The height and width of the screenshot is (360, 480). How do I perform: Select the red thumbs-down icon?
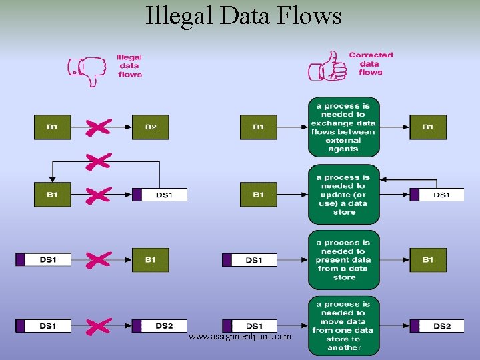pyautogui.click(x=87, y=69)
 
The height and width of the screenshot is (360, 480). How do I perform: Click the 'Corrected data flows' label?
pyautogui.click(x=371, y=63)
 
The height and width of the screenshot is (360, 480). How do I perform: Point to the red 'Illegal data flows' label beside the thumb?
pyautogui.click(x=129, y=66)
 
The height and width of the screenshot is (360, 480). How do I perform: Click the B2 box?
pyautogui.click(x=151, y=127)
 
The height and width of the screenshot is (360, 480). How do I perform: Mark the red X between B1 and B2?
pyautogui.click(x=98, y=127)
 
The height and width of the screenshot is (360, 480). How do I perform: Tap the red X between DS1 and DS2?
pyautogui.click(x=98, y=326)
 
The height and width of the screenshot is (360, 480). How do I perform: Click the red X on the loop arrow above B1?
pyautogui.click(x=98, y=161)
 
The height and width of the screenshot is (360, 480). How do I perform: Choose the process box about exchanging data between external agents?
pyautogui.click(x=343, y=127)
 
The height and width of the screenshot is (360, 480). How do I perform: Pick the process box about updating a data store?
pyautogui.click(x=343, y=195)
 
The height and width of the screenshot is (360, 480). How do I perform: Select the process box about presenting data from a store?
pyautogui.click(x=343, y=259)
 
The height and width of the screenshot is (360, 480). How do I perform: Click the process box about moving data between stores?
pyautogui.click(x=343, y=326)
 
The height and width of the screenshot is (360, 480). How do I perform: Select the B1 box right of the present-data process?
pyautogui.click(x=428, y=259)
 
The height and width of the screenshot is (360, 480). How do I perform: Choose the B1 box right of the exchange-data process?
pyautogui.click(x=428, y=127)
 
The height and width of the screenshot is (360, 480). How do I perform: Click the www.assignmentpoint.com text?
pyautogui.click(x=240, y=337)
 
